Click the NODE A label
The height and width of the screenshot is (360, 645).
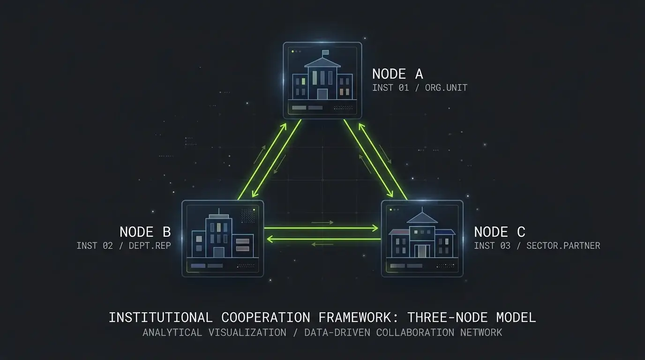pos(397,74)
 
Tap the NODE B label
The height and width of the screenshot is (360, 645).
pos(145,232)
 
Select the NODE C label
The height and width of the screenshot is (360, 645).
pos(500,232)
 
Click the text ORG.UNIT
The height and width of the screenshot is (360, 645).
pos(446,88)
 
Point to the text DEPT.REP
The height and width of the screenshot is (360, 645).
pos(150,246)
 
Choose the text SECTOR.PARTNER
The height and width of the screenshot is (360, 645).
pos(563,246)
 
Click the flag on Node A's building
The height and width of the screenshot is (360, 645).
pos(325,52)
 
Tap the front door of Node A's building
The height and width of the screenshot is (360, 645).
pos(322,94)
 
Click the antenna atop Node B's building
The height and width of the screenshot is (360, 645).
pos(219,211)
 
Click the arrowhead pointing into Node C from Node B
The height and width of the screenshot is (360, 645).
pos(375,228)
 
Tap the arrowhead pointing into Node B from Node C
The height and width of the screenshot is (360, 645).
pos(270,239)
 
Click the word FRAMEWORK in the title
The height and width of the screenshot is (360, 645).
pos(355,317)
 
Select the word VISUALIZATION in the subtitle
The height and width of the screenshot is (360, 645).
pos(247,333)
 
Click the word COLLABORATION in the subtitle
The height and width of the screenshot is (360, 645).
pos(415,333)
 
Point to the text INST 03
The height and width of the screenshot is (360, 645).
pos(492,246)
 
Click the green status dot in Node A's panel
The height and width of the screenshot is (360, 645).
pos(292,52)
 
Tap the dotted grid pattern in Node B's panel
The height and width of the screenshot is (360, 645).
pos(247,216)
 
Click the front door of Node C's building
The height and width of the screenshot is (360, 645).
pos(422,251)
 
